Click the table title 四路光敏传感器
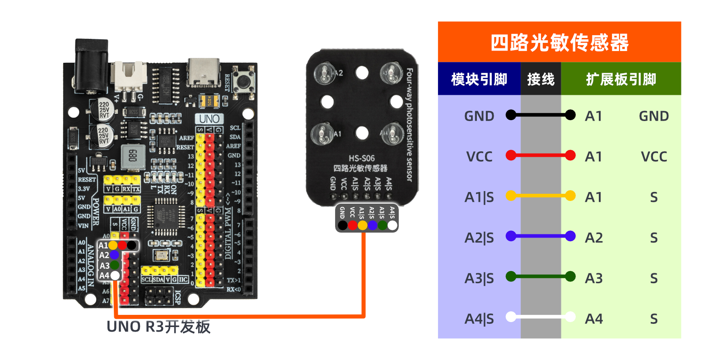pyautogui.click(x=559, y=42)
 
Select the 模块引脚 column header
pyautogui.click(x=479, y=79)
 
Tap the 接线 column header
pyautogui.click(x=541, y=79)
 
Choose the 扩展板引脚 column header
pyautogui.click(x=620, y=79)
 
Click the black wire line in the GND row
pyautogui.click(x=541, y=115)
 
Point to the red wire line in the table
pyautogui.click(x=541, y=155)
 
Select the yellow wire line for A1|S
pyautogui.click(x=541, y=196)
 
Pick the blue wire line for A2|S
pyautogui.click(x=541, y=236)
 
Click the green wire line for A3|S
pyautogui.click(x=541, y=276)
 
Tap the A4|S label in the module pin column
pyautogui.click(x=479, y=319)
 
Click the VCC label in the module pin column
pyautogui.click(x=479, y=157)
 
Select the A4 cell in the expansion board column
pyautogui.click(x=593, y=319)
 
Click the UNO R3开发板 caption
pyautogui.click(x=158, y=327)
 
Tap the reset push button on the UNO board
pyautogui.click(x=244, y=82)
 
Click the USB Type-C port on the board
pyautogui.click(x=204, y=72)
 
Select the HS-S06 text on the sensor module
pyautogui.click(x=361, y=158)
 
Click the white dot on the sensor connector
pyautogui.click(x=392, y=225)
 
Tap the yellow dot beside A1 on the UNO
pyautogui.click(x=112, y=245)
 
